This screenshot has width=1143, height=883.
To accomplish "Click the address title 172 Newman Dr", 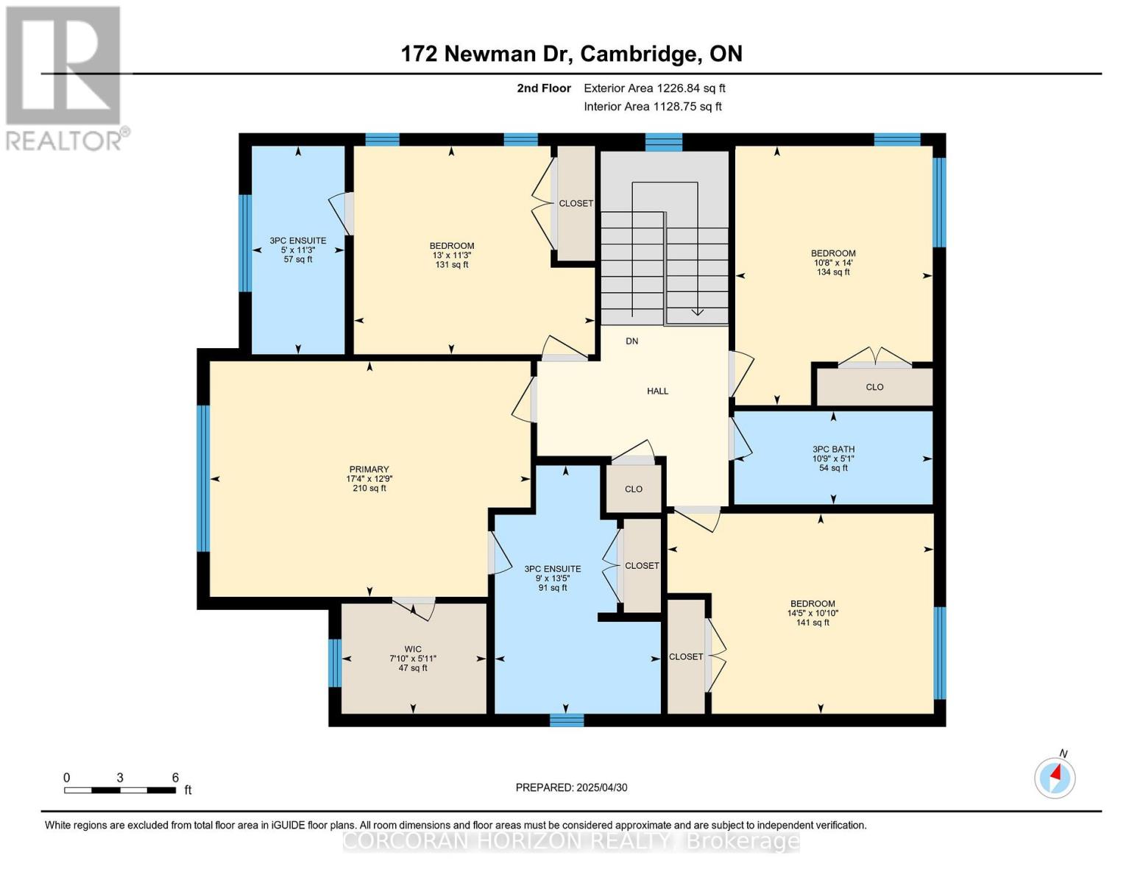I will point(571,54).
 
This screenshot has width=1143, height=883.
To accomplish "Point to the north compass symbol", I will point(1055,777).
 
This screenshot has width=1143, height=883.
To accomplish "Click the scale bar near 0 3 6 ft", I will point(119,790).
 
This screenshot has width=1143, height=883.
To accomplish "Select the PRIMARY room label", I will point(369,478).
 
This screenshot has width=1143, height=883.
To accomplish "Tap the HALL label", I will point(657,391).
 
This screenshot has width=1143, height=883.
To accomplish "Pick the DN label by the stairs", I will point(631,341).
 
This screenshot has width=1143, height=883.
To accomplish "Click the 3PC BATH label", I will point(833,458).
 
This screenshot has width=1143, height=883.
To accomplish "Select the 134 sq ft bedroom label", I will point(833,263).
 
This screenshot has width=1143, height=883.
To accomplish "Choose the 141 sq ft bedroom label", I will point(813,613).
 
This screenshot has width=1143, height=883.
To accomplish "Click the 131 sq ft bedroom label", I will point(451,255).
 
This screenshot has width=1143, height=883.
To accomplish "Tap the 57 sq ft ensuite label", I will point(297,249).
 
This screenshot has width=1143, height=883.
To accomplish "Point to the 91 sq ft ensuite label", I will point(552,578).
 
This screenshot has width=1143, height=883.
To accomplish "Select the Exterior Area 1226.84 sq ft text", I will point(654,88).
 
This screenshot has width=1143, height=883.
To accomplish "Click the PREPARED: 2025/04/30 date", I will point(571,787).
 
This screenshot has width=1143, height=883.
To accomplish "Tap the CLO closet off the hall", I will point(634,489).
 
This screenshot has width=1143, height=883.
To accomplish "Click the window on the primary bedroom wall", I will point(203,478).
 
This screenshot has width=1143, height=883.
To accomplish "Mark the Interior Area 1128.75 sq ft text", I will point(652,107).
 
